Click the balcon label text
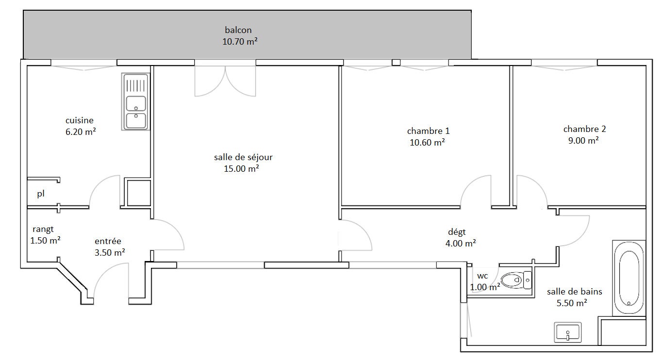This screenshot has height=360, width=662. (238, 30)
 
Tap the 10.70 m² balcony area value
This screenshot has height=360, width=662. (240, 41)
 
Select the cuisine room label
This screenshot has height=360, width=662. (80, 120)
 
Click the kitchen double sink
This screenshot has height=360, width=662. (135, 102)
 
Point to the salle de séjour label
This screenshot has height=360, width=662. (243, 157)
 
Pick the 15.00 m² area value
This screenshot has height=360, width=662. (241, 169)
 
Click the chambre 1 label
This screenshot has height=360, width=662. (428, 131)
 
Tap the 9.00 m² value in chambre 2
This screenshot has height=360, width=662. (583, 140)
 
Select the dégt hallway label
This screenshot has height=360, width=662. (457, 232)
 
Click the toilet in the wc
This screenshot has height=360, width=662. (516, 279)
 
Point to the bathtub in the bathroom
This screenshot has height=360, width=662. (629, 278)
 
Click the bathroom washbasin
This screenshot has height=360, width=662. (567, 332)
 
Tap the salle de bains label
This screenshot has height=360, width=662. (574, 292)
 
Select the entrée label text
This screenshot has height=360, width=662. (108, 241)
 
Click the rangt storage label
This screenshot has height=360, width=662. (43, 229)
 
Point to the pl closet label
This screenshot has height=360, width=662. (41, 194)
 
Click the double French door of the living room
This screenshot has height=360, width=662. (225, 79)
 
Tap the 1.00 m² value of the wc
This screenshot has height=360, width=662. (485, 287)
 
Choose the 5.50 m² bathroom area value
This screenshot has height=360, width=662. (572, 303)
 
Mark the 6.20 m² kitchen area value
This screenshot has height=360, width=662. (81, 131)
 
